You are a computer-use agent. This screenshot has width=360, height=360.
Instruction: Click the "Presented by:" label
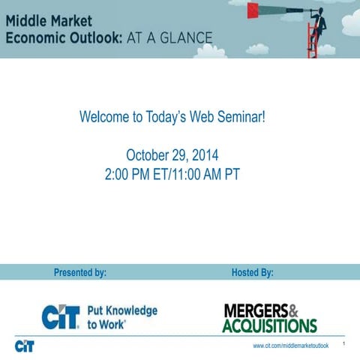(80, 272)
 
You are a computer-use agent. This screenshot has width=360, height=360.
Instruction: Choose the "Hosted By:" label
(253, 272)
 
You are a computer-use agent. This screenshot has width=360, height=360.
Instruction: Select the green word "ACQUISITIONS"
(269, 325)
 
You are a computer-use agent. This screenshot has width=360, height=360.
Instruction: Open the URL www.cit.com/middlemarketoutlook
(290, 347)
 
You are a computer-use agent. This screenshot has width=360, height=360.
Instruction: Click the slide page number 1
(342, 344)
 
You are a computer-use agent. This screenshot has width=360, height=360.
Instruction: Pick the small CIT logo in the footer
(24, 346)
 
